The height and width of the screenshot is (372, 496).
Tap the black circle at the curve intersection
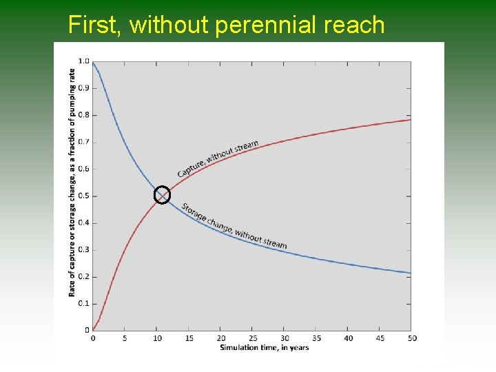[161, 195]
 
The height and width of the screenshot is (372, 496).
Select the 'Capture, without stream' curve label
[218, 159]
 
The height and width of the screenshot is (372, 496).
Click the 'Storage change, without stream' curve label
[234, 226]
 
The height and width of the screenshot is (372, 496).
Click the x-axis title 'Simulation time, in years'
[265, 347]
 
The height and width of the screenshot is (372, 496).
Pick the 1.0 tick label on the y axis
[83, 61]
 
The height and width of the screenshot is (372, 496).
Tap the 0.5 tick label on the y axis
[83, 196]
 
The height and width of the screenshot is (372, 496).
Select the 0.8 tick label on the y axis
[83, 115]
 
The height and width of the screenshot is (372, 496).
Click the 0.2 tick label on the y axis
[83, 276]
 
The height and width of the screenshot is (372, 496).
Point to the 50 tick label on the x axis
[412, 338]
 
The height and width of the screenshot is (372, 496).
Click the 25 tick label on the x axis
[252, 338]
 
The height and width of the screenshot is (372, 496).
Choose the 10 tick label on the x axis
[156, 338]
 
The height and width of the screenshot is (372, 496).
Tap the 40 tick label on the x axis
[348, 338]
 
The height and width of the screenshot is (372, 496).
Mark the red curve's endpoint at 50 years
[411, 120]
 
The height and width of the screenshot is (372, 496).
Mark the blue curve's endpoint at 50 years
[411, 273]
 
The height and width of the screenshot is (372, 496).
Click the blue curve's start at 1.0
[93, 63]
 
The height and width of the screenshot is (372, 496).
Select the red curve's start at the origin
[94, 329]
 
